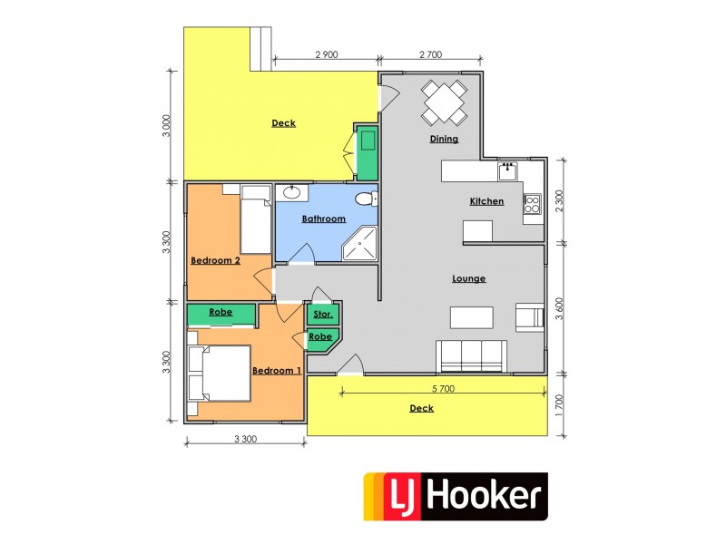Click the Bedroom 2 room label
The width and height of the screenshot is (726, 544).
tap(215, 261)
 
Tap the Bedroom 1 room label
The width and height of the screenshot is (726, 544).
tap(276, 371)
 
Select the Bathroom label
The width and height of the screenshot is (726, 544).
tap(324, 219)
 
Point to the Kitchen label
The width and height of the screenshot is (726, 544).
tap(486, 201)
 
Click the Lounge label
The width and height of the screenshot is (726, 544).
tap(469, 278)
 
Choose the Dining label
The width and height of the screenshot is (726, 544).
tap(444, 140)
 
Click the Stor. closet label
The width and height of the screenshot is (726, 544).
tap(322, 316)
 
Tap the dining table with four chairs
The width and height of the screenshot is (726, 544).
tap(445, 102)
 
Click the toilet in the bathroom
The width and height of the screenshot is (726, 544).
tap(365, 199)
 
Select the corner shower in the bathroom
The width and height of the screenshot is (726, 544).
tap(363, 243)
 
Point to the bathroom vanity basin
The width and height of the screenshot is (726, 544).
tap(293, 192)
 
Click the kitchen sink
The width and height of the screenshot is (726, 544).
tap(507, 170)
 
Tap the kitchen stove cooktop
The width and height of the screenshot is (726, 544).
tap(532, 205)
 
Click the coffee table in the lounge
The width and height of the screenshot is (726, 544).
tap(473, 317)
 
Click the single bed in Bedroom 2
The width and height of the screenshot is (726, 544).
tap(255, 219)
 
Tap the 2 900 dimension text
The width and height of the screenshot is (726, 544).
tap(327, 55)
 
